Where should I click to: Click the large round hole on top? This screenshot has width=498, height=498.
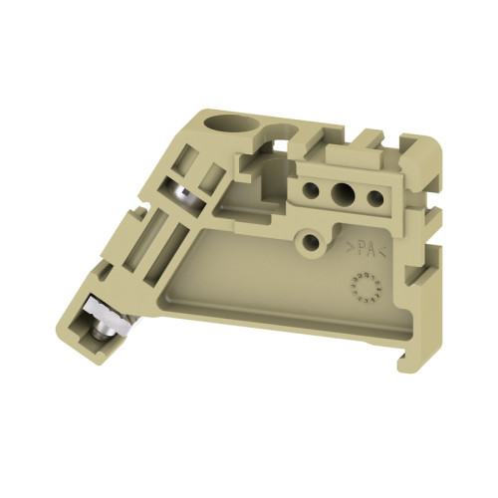coord(218,128)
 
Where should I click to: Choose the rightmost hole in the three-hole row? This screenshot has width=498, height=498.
coord(374,197)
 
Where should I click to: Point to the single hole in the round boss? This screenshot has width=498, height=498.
coord(313,240)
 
